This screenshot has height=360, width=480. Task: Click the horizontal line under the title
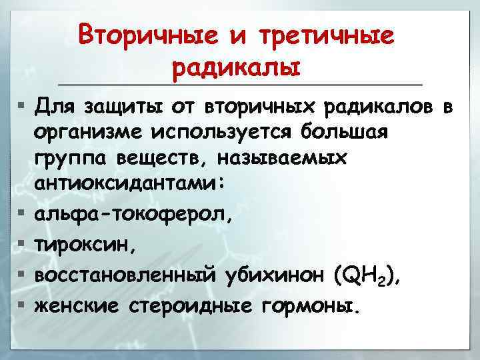(x=239, y=85)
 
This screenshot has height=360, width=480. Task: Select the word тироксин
(x=85, y=245)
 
